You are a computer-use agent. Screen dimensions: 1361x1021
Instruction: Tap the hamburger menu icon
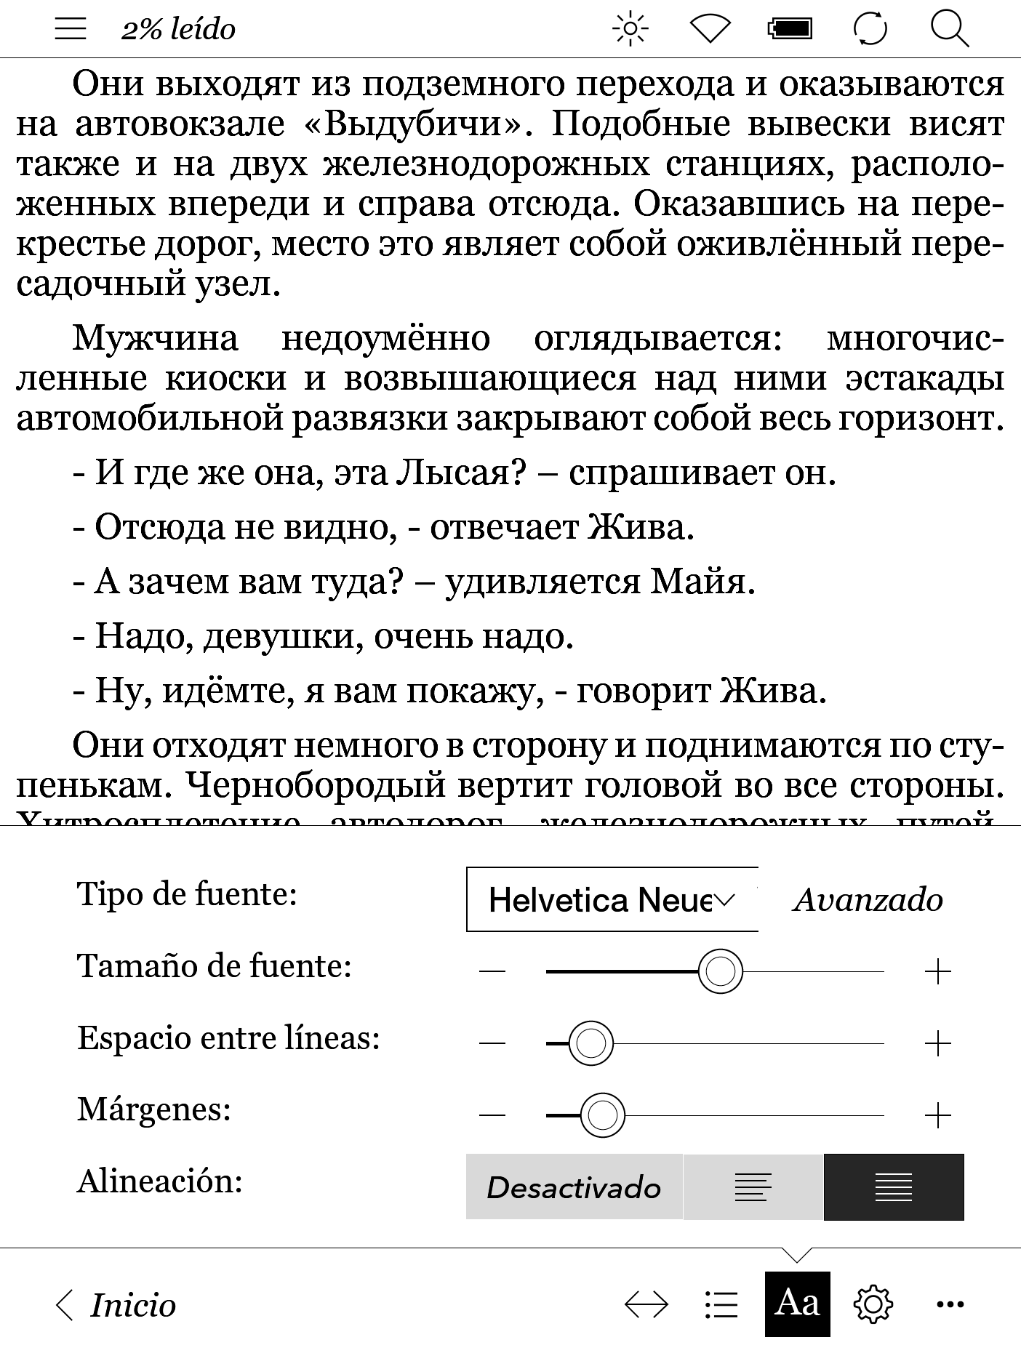(71, 29)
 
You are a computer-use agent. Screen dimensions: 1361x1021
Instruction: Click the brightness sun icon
(630, 30)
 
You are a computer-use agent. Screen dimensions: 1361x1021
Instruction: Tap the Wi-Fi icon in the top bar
(709, 30)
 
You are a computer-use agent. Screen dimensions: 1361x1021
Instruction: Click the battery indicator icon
(790, 30)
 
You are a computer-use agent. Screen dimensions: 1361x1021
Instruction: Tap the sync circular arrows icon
(870, 30)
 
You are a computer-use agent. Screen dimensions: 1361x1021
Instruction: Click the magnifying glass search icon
(950, 30)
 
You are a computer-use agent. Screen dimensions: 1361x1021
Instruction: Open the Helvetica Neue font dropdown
(612, 899)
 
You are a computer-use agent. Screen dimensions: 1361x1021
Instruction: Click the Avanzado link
(868, 900)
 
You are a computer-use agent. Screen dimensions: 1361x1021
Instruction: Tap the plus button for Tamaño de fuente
(938, 971)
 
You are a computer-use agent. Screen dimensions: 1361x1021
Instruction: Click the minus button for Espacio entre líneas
(492, 1043)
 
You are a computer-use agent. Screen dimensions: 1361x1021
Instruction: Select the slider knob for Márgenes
(602, 1115)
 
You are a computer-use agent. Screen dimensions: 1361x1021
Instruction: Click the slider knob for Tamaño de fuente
(720, 971)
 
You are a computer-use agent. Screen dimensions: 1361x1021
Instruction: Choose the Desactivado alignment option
(574, 1187)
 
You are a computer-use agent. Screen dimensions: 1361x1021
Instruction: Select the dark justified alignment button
(894, 1187)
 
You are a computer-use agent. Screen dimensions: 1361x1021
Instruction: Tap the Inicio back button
(116, 1306)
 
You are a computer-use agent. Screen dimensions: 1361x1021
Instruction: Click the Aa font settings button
(797, 1304)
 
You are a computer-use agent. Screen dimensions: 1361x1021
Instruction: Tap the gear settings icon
(873, 1304)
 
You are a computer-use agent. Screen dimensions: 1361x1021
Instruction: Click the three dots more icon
(950, 1304)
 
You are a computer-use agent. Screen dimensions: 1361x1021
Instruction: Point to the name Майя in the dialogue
(702, 582)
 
